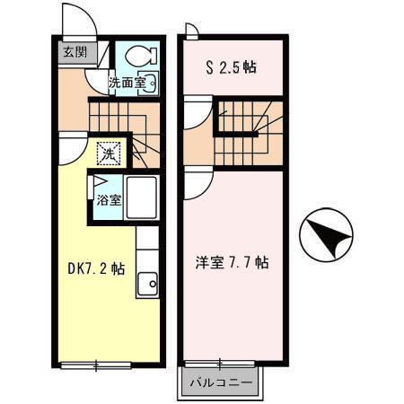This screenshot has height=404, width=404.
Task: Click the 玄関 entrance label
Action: coord(75,52)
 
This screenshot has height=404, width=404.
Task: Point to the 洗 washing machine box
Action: coord(109,154)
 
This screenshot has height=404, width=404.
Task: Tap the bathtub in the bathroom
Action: coord(141,198)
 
